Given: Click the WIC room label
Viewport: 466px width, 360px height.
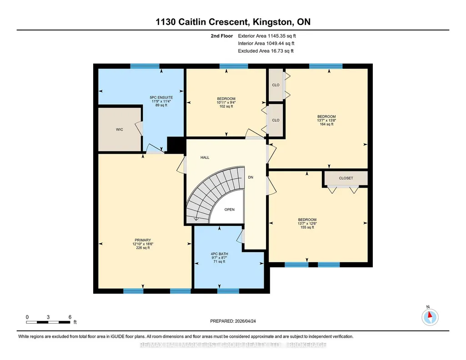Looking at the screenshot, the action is point(120,130).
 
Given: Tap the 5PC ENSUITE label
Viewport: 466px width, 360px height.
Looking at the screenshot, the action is point(161,97).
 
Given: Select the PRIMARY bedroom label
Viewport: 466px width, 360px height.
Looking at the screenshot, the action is point(143,240).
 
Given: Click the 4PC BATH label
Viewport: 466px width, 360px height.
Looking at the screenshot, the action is point(219,254).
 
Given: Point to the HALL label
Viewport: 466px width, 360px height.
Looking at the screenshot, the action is point(205,157).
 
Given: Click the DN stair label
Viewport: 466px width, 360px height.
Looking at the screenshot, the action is point(251,177).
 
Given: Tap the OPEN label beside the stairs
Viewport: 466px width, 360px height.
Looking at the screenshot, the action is point(230,210).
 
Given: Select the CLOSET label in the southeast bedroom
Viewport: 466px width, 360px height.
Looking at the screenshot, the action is point(346,178).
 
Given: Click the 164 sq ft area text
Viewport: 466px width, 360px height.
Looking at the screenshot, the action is point(326,124).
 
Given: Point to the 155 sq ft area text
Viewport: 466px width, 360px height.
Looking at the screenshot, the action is point(307,227).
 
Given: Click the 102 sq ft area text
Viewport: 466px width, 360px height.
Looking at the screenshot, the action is point(226,106).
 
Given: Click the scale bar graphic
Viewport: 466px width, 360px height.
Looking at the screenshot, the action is point(48,322).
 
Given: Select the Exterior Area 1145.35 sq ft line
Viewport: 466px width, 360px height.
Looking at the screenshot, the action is point(267,36).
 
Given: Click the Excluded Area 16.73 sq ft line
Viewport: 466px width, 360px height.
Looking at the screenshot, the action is point(266,51).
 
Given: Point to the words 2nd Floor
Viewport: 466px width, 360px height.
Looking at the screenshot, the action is point(222,36).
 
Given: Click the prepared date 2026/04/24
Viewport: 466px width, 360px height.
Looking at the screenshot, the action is point(245,321).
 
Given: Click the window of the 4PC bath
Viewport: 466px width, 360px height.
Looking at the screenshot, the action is point(228,291).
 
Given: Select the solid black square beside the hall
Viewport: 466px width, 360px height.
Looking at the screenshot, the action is point(176,145).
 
